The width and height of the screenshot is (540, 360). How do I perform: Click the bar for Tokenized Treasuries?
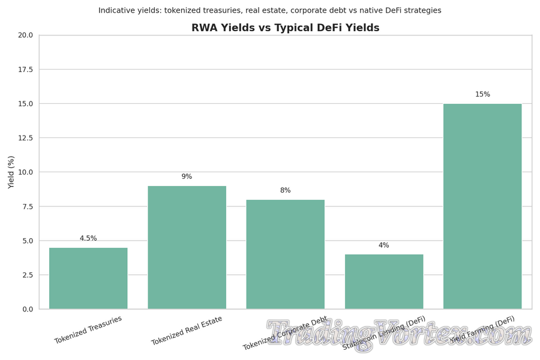88,278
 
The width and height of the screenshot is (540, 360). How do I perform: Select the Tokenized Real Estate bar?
187,247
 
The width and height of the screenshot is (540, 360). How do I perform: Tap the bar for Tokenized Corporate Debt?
285,254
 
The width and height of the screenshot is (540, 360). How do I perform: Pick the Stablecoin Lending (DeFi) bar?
384,281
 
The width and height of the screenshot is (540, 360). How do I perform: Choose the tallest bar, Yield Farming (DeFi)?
482,206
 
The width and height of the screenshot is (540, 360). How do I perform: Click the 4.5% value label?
88,239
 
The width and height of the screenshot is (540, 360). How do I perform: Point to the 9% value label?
187,177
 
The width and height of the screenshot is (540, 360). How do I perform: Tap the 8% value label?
285,191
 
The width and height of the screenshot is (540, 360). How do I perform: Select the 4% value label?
384,245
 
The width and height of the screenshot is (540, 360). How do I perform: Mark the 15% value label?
482,95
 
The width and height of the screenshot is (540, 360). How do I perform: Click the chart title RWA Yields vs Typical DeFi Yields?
285,28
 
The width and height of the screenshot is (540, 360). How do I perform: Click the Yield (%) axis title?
11,172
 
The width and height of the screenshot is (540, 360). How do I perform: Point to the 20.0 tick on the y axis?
25,35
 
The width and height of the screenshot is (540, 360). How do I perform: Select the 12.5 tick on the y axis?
25,138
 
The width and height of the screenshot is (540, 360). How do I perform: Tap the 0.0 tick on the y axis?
27,310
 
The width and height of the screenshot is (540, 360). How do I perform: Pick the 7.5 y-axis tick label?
27,206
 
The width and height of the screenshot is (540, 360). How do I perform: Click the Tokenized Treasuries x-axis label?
88,330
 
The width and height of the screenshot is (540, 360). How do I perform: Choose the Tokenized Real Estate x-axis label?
187,331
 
